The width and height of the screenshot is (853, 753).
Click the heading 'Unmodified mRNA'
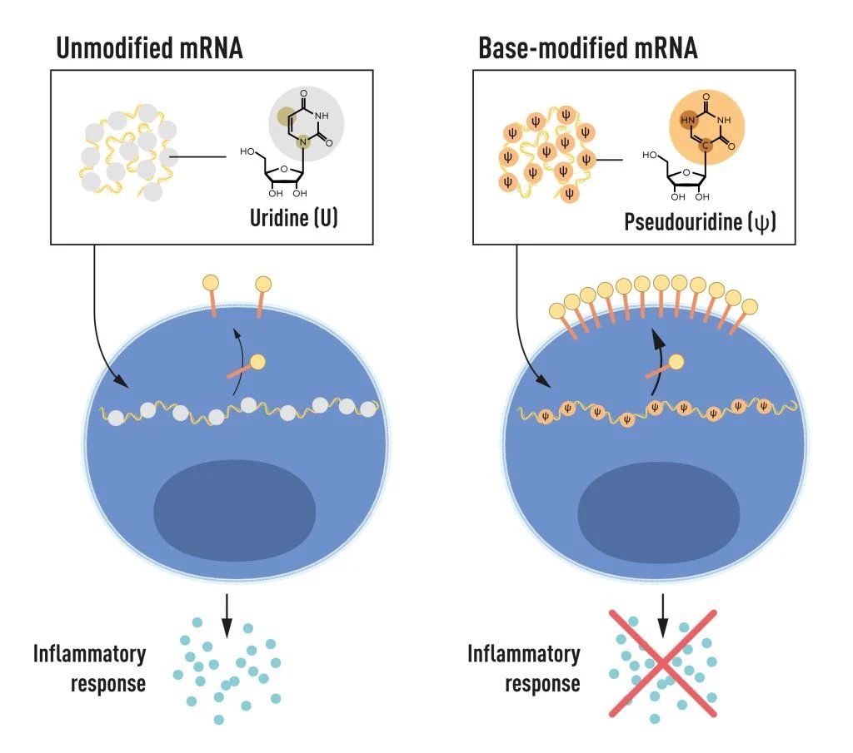click(149, 47)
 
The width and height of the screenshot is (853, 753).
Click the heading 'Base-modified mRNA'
click(587, 47)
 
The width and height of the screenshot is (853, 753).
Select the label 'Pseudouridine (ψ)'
click(700, 222)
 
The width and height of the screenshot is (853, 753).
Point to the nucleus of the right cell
click(658, 511)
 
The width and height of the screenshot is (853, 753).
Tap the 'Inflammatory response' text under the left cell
click(90, 667)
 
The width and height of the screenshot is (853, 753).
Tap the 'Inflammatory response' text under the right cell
click(524, 667)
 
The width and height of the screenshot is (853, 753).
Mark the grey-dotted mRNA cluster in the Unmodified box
click(125, 150)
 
